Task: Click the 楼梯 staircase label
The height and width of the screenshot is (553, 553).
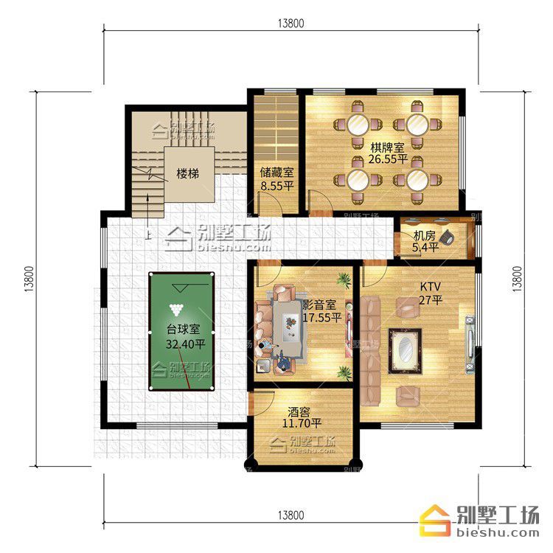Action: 187,173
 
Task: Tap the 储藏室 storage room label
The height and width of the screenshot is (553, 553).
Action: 276,173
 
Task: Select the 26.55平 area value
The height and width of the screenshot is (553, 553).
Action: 388,159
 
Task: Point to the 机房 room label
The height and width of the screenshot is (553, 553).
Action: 425,235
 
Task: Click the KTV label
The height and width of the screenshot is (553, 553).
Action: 431,286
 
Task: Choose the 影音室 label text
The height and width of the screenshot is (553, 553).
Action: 319,305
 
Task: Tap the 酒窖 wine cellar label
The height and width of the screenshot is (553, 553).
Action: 299,411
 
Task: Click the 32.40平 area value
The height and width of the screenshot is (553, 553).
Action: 186,344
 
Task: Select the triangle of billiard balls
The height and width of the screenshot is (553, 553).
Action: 176,310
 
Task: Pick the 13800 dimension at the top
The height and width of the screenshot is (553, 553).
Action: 291,24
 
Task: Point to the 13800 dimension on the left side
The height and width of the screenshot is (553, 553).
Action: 29,279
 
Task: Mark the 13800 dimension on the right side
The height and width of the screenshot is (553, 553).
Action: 517,279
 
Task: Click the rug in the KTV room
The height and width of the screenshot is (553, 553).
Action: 406,351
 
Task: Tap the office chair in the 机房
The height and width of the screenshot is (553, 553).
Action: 448,237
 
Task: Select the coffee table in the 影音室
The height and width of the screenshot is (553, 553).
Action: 291,328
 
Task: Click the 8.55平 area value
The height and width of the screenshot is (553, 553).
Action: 277,186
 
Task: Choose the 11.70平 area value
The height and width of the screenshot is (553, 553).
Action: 302,423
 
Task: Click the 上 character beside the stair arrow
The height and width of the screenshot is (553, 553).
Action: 147,234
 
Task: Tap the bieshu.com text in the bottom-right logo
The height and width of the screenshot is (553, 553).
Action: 498,532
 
